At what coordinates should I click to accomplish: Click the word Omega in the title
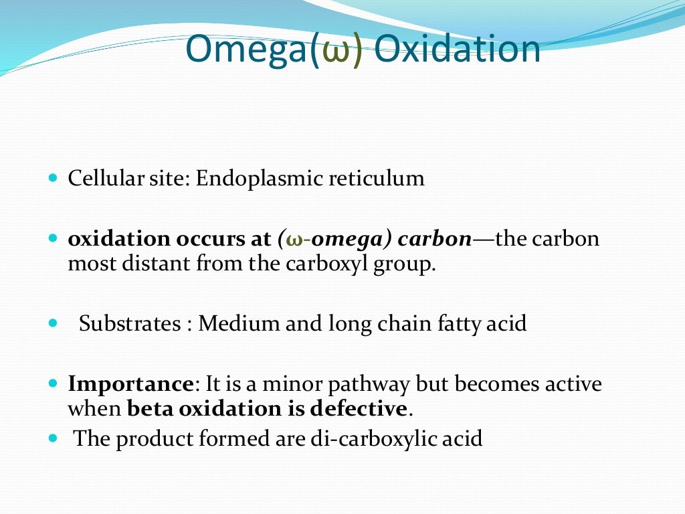tap(246, 50)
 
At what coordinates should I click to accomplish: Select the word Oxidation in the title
tap(457, 50)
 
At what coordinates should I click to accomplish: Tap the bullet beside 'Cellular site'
tap(54, 179)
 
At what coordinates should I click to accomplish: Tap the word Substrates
tap(130, 324)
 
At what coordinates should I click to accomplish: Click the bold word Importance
tap(130, 385)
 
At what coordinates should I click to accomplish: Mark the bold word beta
tap(149, 408)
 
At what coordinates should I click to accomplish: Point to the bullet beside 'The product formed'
tap(54, 439)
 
